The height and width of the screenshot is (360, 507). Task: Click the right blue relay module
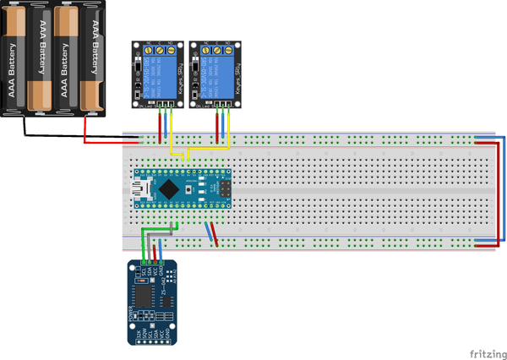(213, 74)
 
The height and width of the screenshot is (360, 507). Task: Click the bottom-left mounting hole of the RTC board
(132, 340)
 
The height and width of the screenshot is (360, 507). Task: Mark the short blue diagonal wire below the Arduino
(210, 230)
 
